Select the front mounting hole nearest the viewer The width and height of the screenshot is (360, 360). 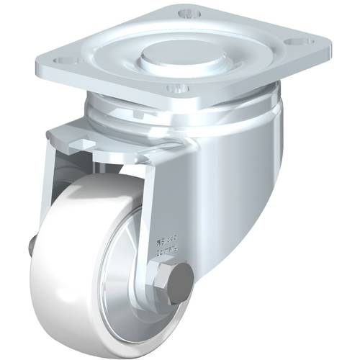[175, 89]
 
